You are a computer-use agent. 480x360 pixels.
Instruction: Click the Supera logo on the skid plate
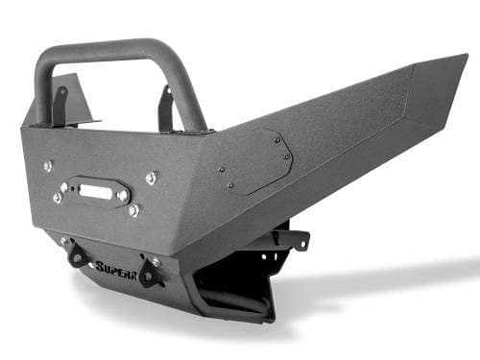114,266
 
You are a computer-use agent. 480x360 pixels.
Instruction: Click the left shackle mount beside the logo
75,254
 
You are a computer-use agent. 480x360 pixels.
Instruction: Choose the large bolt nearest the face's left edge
48,165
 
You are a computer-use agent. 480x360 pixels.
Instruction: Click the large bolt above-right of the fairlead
151,178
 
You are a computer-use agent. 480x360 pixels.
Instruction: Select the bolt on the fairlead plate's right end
123,195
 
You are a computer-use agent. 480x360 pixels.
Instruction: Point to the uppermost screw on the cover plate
273,139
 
